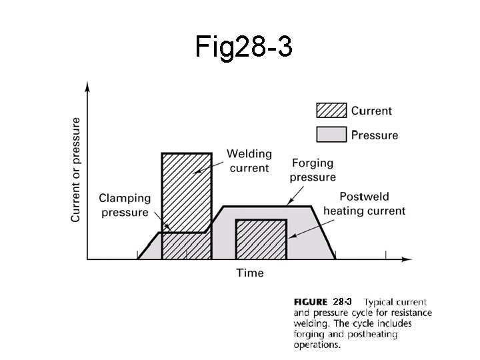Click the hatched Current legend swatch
pos(331,111)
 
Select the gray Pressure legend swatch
pos(331,134)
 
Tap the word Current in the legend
pos(371,111)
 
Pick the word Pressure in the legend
pos(374,135)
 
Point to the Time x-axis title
pos(250,272)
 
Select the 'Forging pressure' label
pos(313,170)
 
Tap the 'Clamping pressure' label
pos(124,205)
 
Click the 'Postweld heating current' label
pos(364,203)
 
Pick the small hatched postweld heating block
pos(261,238)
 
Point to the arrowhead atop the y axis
pos(88,86)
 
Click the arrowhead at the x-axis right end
pos(407,259)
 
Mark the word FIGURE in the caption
pos(310,302)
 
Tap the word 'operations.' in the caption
pos(317,345)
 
